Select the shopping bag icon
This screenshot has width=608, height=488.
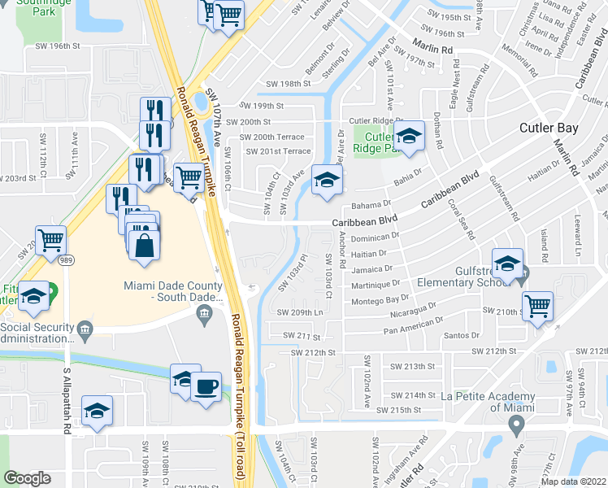click(143, 246)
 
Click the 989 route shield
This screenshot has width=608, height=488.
click(67, 259)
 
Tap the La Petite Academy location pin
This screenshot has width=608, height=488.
click(515, 425)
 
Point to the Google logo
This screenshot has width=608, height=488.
click(27, 477)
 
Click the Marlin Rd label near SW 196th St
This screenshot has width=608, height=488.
click(432, 50)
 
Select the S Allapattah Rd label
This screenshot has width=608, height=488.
click(67, 401)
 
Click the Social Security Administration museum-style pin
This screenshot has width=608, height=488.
click(85, 329)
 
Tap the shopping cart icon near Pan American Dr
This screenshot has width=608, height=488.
click(537, 306)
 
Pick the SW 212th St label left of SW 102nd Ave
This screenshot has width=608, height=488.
click(315, 352)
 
